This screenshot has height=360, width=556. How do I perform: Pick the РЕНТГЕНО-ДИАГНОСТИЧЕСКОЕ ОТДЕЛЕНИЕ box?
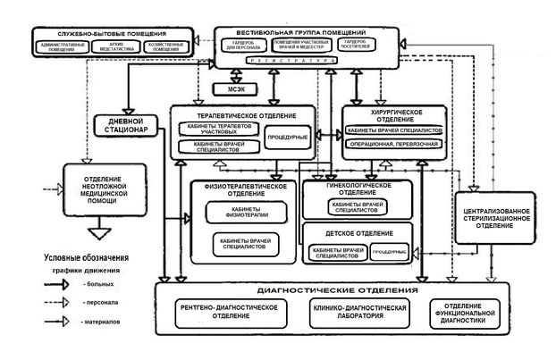point(228,313)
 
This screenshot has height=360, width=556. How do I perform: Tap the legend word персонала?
point(102,301)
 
